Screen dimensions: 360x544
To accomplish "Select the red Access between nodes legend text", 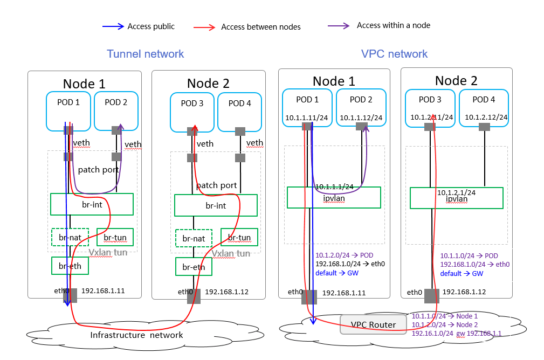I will point(261,27).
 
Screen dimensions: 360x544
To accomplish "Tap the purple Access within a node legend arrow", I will point(340,26).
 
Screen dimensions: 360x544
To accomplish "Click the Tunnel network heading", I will point(145,54).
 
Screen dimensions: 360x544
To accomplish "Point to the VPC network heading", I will point(394,54).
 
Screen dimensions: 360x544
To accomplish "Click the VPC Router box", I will point(373,324).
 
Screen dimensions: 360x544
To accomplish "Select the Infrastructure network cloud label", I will point(136,335).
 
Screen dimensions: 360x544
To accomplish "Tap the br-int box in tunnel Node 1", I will point(92,204).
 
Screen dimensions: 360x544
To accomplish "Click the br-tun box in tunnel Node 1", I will point(115,237).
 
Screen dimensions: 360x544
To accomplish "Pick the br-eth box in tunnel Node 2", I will point(194,266).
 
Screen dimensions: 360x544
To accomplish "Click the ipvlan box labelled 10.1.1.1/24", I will point(334,197).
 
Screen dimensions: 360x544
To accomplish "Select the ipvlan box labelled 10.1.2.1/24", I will point(456,197).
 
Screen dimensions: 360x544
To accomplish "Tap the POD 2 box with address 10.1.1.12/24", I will point(361,107).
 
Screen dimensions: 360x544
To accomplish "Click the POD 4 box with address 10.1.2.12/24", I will point(484,107).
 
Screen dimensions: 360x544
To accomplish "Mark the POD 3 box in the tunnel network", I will point(192,112).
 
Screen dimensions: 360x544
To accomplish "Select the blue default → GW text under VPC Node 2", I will point(462,274).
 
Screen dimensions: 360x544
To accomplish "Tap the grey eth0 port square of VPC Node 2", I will point(432,296).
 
